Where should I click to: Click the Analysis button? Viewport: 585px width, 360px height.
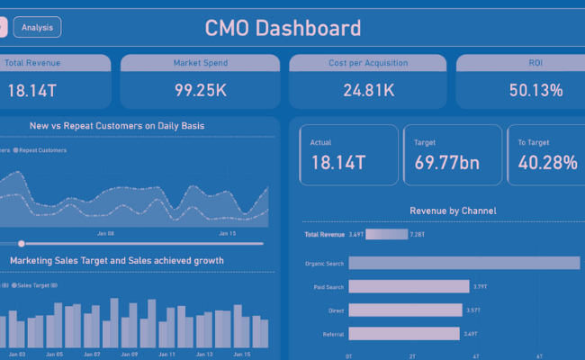pyautogui.click(x=37, y=28)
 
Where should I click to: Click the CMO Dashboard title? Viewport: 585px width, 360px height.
pyautogui.click(x=283, y=28)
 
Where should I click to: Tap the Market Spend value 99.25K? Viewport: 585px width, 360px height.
pyautogui.click(x=200, y=91)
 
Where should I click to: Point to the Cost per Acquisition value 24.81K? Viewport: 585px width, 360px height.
pyautogui.click(x=367, y=91)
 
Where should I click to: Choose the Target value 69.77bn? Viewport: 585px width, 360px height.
pyautogui.click(x=446, y=163)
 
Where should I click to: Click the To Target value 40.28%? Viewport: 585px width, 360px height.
pyautogui.click(x=547, y=163)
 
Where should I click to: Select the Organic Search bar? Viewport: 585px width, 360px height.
pyautogui.click(x=463, y=263)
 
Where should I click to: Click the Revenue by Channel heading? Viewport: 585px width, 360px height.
pyautogui.click(x=453, y=211)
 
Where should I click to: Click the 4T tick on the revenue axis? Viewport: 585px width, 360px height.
pyautogui.click(x=475, y=356)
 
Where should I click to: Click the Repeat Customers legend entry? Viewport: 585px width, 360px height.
pyautogui.click(x=41, y=150)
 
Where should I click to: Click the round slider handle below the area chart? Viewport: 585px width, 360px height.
pyautogui.click(x=21, y=243)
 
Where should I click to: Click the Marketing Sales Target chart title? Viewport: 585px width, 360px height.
pyautogui.click(x=117, y=261)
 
